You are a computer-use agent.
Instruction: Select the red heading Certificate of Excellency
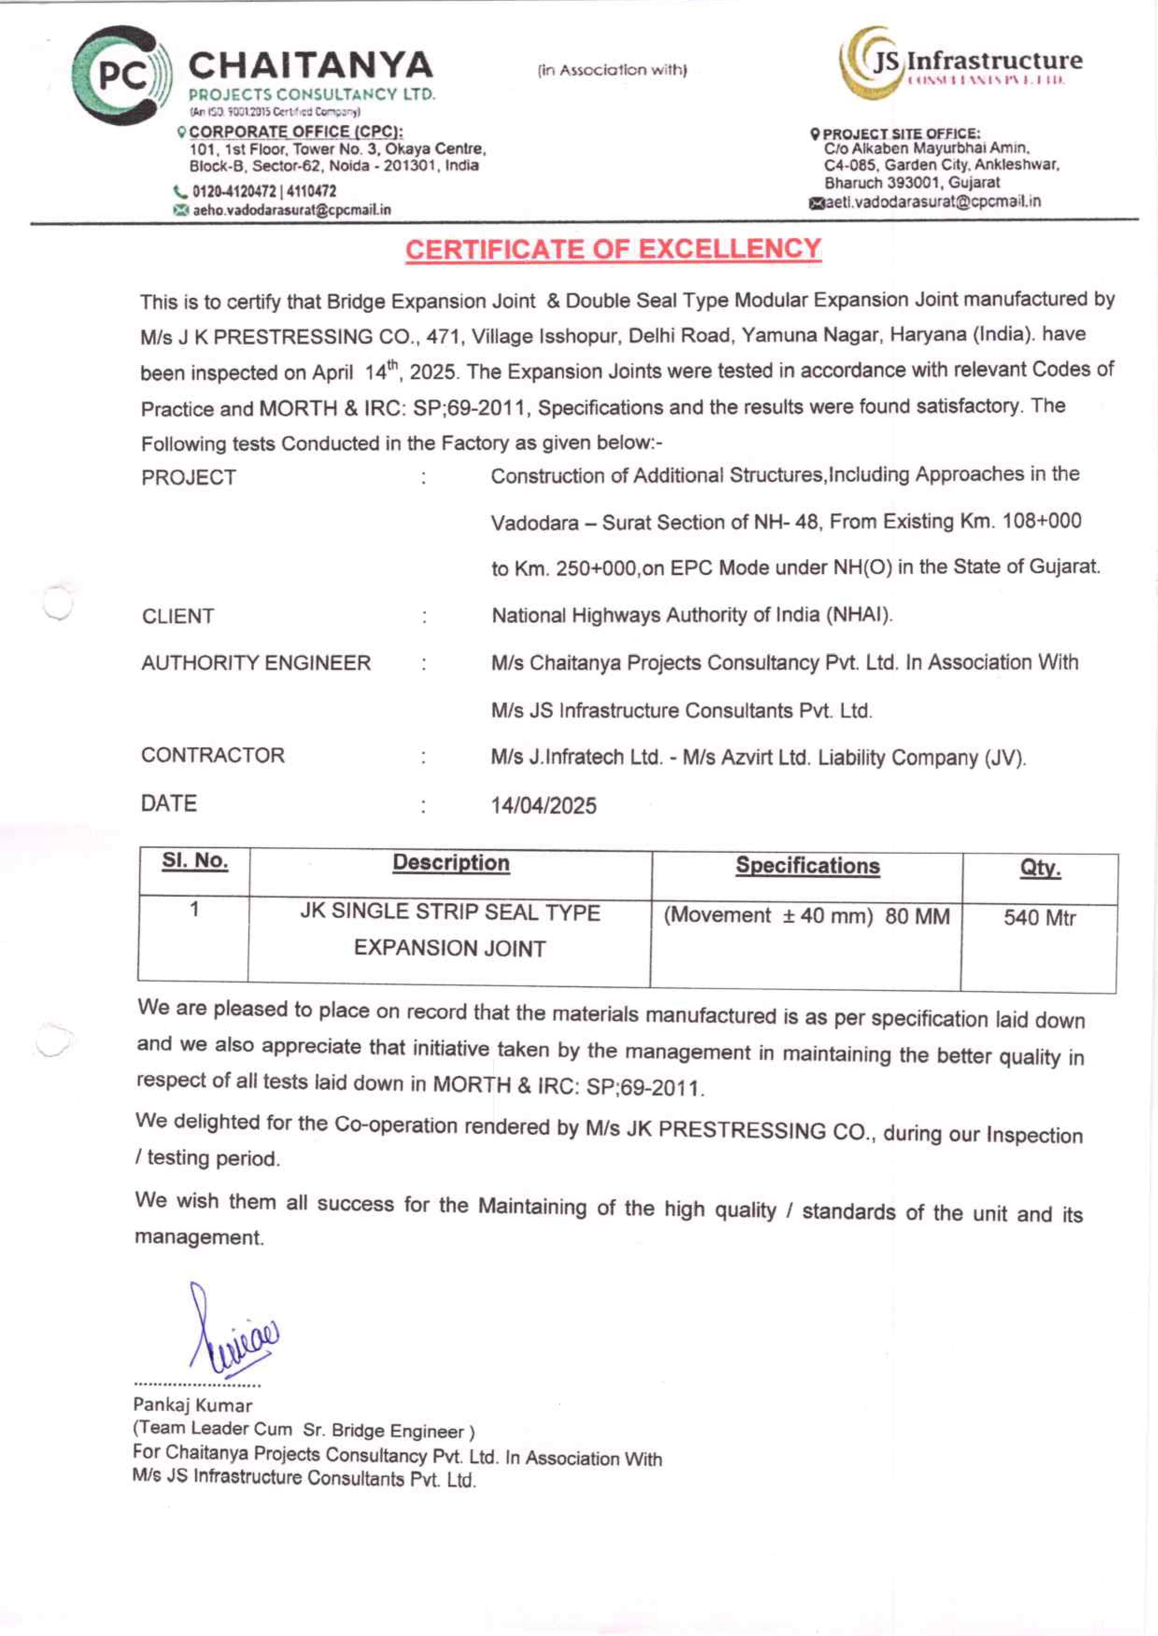coord(613,250)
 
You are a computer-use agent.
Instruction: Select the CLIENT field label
coord(177,616)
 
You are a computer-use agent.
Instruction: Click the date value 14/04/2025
coord(544,806)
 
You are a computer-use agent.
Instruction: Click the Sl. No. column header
coord(195,862)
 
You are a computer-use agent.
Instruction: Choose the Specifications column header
coord(807,866)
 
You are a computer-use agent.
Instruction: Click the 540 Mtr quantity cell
coord(1039,918)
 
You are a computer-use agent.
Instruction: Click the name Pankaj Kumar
coord(192,1406)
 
